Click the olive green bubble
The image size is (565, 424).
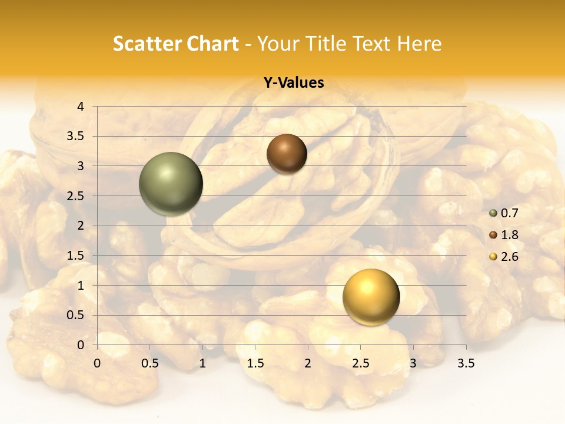tap(171, 184)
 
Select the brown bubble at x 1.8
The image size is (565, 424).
tap(287, 154)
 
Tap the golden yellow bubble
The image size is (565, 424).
tap(371, 296)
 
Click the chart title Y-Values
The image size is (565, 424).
tap(294, 83)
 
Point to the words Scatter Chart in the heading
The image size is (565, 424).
tap(176, 44)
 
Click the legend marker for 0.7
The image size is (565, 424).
tap(493, 213)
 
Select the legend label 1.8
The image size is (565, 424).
tap(509, 235)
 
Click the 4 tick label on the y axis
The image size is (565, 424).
tap(81, 107)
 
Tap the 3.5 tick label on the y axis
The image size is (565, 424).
tap(76, 137)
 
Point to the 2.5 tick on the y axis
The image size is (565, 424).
tap(76, 196)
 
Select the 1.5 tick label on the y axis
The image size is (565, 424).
tap(76, 256)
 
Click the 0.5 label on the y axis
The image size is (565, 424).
tap(76, 315)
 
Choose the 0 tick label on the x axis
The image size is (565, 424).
tap(97, 363)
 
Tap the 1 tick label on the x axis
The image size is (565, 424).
tap(202, 363)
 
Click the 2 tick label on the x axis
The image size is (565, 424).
tap(308, 363)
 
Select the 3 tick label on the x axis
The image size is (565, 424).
tap(413, 363)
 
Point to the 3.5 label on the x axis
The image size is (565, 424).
tap(466, 363)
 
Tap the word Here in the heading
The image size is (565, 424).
tap(419, 44)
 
